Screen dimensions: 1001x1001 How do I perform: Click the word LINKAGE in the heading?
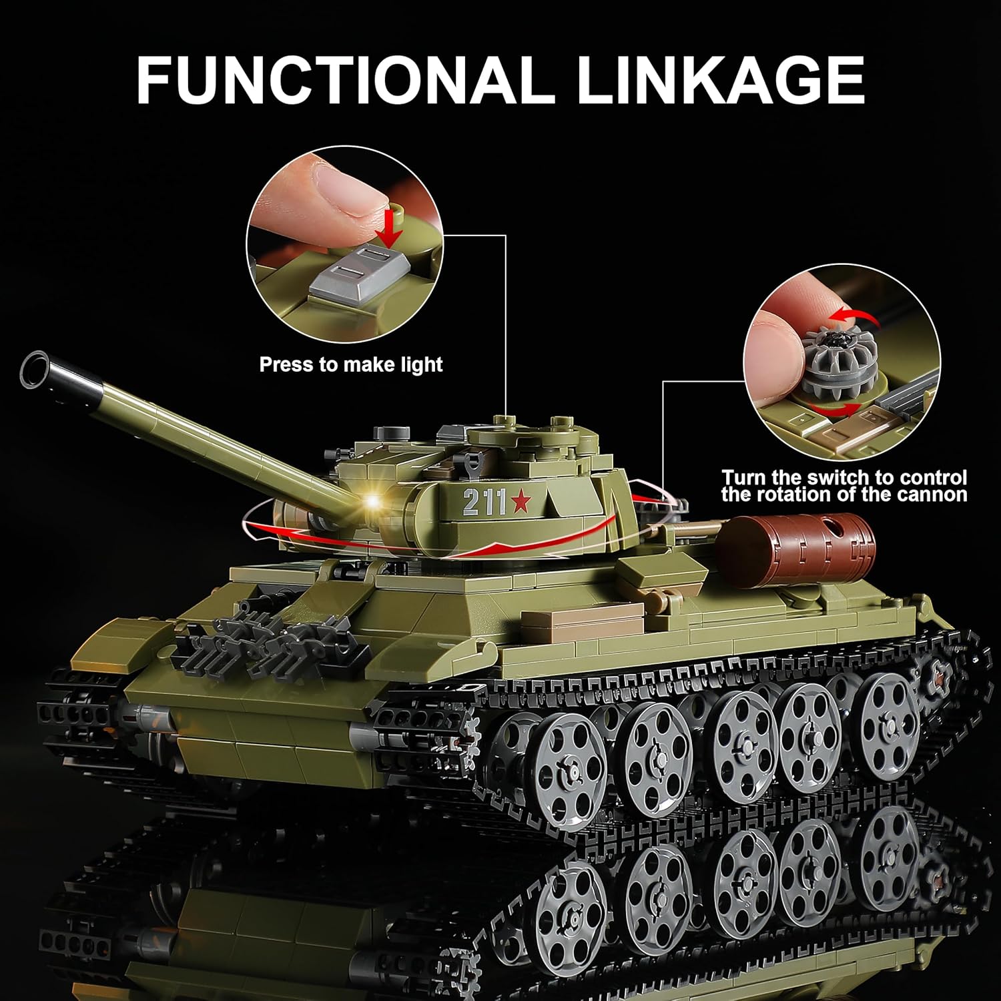(x=721, y=79)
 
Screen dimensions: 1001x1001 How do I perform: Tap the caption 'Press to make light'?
(x=351, y=365)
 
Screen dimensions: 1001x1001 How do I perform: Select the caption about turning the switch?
(x=844, y=486)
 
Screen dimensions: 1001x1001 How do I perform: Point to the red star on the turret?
(x=518, y=503)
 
